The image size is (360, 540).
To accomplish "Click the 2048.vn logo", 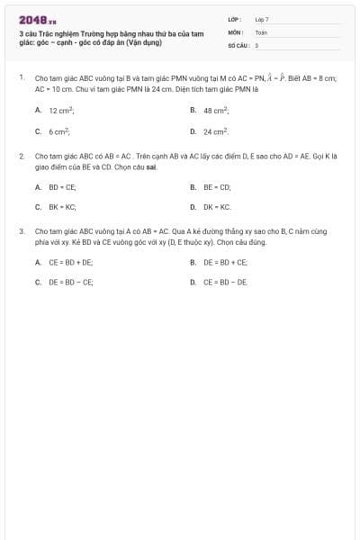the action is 37,19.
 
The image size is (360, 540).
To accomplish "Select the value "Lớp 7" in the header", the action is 262,18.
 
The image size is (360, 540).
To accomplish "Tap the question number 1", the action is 21,78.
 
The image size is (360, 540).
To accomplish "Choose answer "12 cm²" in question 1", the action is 61,110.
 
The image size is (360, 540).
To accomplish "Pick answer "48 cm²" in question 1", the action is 216,110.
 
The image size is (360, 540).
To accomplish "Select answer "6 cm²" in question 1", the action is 59,131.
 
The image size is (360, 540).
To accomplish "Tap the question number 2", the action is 21,156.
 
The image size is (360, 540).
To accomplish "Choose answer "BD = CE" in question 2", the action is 62,187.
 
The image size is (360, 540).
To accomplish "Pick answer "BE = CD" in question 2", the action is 217,187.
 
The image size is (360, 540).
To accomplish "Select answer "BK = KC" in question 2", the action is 62,207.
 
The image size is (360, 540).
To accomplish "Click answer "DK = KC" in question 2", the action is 217,207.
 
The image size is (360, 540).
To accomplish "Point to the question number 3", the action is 21,231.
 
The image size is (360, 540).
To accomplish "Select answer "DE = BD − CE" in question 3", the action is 70,282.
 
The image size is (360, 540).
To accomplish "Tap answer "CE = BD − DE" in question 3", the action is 225,282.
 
